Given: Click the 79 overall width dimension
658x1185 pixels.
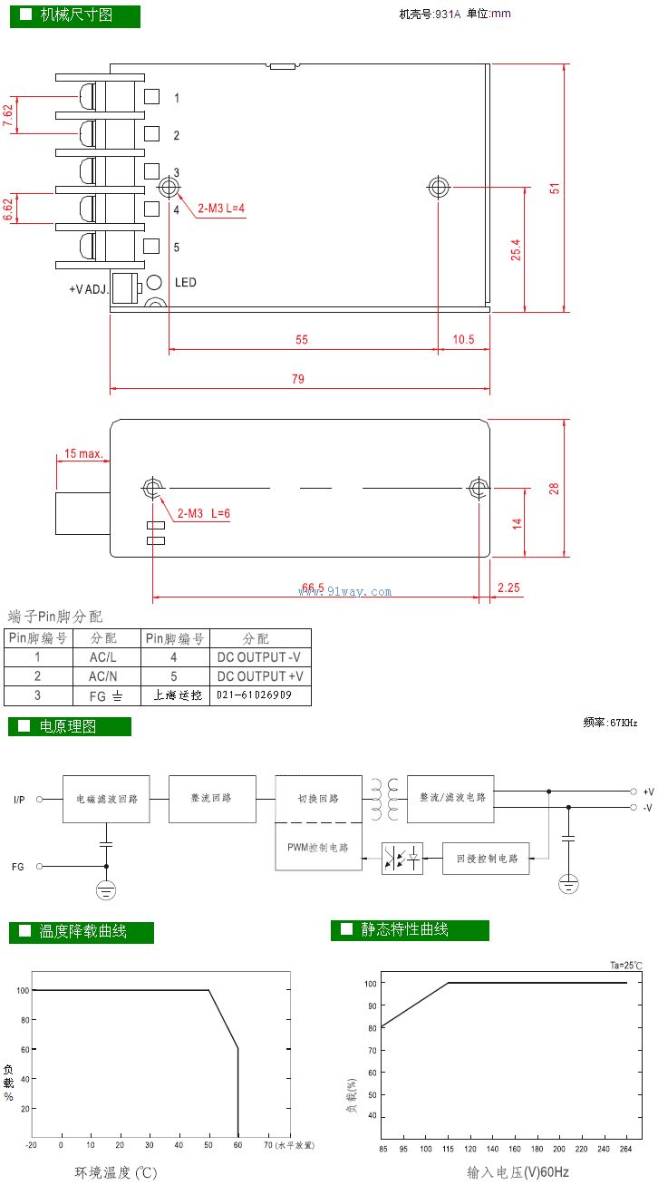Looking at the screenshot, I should point(298,378).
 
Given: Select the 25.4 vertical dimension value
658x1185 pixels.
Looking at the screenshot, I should point(516,250).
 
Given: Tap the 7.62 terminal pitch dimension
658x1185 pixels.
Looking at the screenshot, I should point(8,114).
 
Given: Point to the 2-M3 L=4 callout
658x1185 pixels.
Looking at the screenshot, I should point(221,208).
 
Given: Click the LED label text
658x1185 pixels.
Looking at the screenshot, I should point(185,283).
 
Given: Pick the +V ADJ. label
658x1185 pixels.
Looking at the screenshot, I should point(89,289).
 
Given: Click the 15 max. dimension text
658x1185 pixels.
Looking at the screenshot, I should point(82,453).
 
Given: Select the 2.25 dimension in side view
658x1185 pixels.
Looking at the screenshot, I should point(509,588).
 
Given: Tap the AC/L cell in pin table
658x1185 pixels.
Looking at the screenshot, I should point(103,657).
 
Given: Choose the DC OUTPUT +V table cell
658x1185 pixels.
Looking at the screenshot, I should point(260,676).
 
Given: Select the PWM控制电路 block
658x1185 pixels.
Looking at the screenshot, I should point(318,848).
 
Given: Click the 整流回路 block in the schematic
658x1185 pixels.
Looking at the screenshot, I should point(211,798).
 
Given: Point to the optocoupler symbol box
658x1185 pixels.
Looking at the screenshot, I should point(402,858).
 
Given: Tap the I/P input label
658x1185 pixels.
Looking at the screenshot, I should point(19,800).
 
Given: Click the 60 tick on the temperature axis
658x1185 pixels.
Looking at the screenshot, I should point(237,1145).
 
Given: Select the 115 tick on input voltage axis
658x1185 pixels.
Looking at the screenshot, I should point(448,1150).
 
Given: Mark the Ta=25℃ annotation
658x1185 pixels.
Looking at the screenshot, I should point(625,966).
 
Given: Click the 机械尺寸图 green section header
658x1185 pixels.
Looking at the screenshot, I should point(75,15).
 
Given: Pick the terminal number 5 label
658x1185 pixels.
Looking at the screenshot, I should point(177,247).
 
